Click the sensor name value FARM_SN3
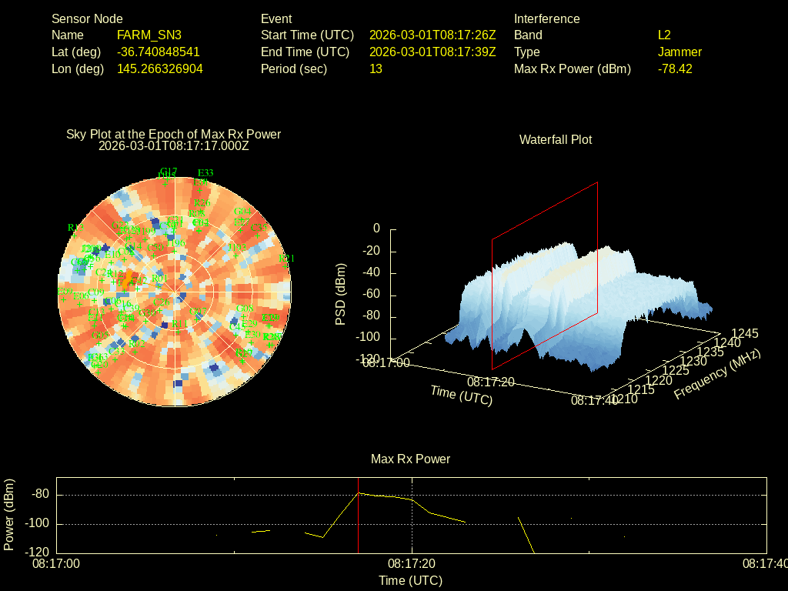point(149,35)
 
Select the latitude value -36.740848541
point(159,52)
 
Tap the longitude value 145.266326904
point(160,68)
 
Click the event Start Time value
point(432,35)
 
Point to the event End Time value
point(432,52)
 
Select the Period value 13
point(376,68)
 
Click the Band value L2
point(664,35)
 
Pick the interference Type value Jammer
point(679,52)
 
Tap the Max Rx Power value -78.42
point(675,68)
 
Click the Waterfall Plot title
point(556,139)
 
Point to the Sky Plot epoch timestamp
point(174,145)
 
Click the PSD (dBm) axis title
point(340,294)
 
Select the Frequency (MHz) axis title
point(717,373)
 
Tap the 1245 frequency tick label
point(744,333)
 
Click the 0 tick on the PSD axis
point(376,229)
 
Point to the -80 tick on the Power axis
point(41,494)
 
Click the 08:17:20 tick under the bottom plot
point(411,564)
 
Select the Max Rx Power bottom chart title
point(410,459)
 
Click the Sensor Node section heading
point(87,18)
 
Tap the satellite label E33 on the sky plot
point(205,172)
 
